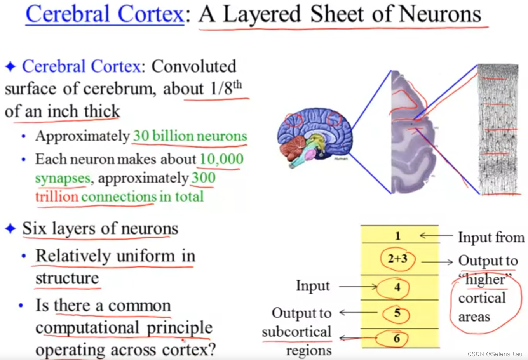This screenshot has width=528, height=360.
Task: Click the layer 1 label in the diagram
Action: [x=397, y=236]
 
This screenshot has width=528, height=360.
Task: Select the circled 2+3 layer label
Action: [x=397, y=258]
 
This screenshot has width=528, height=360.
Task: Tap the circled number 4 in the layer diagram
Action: [x=397, y=287]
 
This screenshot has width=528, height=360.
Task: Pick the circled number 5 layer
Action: [x=397, y=313]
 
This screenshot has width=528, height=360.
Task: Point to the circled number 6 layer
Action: [x=396, y=339]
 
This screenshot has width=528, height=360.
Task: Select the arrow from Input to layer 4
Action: [x=358, y=287]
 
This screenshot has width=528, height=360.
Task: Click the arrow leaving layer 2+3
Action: [x=437, y=262]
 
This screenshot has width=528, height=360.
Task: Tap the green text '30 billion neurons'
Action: [x=190, y=136]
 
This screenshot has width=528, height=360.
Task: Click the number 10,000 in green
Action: [x=221, y=159]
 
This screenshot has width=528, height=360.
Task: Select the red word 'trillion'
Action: [x=57, y=197]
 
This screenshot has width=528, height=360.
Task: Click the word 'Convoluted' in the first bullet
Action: [x=193, y=66]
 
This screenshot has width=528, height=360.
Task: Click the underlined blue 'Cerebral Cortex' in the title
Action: [x=105, y=14]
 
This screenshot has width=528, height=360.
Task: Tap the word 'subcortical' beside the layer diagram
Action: [x=296, y=332]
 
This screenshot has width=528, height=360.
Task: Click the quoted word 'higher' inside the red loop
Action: [x=485, y=279]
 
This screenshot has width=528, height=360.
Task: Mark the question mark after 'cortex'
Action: [x=211, y=350]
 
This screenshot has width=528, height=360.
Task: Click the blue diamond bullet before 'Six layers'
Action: [x=10, y=228]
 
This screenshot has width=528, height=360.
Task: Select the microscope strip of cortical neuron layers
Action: [x=498, y=129]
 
